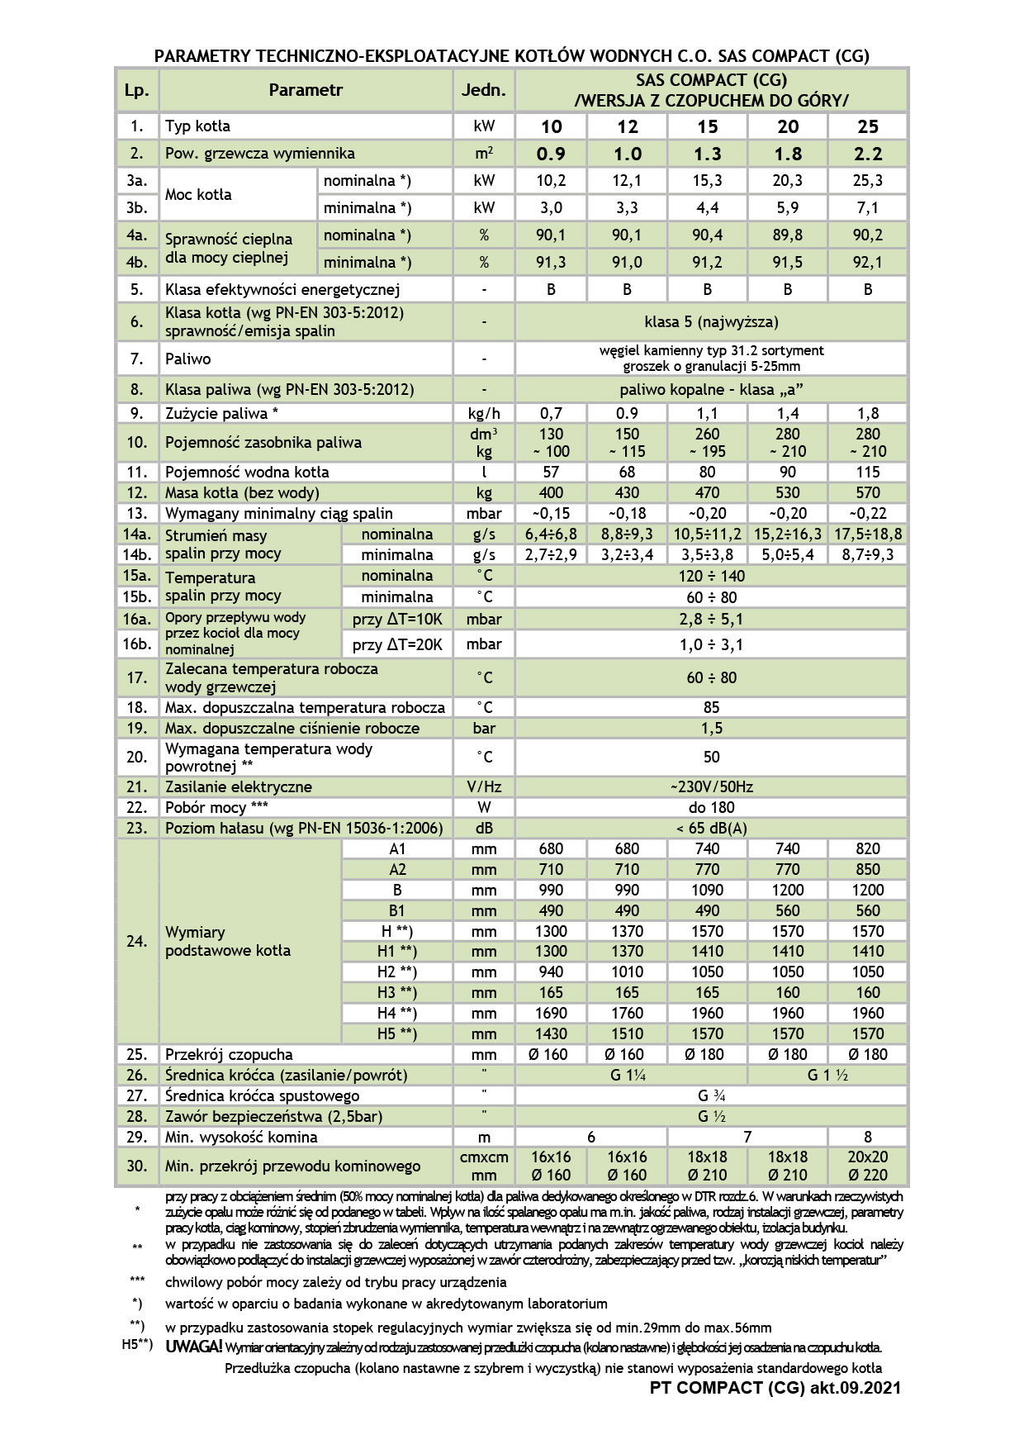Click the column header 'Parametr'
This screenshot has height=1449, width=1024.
[306, 90]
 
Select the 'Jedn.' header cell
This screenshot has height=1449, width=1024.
[484, 90]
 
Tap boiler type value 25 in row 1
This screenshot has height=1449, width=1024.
[868, 126]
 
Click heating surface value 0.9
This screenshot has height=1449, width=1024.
[551, 154]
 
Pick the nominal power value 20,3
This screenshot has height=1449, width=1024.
[788, 180]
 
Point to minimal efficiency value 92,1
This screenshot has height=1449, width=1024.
[868, 262]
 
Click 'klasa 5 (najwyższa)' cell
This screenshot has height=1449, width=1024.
[711, 321]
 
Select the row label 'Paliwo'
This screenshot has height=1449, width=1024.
[188, 359]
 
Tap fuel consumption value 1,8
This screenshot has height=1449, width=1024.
[868, 413]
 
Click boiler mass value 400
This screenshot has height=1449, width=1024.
[551, 492]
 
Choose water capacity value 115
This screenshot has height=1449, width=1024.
[868, 472]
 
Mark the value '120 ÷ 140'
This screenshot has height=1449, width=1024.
[711, 576]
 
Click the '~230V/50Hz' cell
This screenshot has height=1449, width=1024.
[711, 786]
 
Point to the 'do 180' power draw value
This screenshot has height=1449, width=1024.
[711, 807]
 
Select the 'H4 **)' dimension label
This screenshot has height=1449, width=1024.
[397, 1013]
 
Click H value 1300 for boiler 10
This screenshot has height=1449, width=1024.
[551, 931]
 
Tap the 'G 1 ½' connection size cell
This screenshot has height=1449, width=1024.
[827, 1075]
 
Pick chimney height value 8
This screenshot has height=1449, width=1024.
[868, 1137]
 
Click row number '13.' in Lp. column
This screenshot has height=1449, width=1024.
[136, 513]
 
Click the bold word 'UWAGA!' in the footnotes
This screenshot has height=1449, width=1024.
[193, 1347]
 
